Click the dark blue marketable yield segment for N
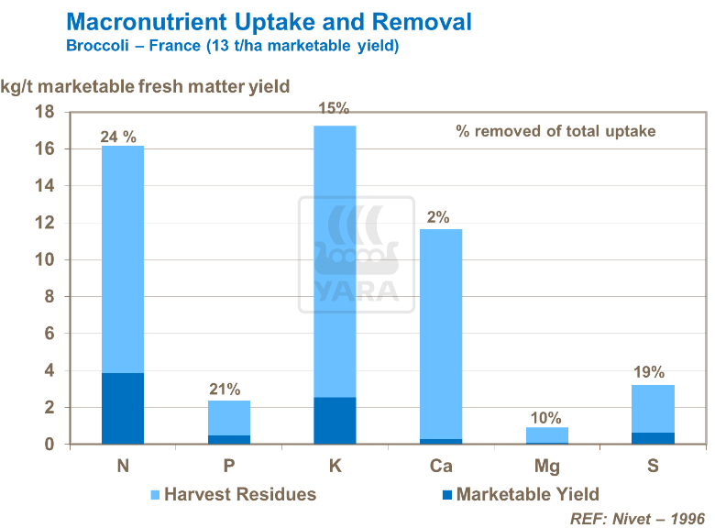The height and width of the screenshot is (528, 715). click(122, 408)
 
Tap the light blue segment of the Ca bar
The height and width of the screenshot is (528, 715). click(441, 334)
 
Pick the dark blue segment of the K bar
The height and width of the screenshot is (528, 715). click(335, 421)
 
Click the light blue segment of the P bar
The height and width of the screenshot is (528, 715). click(228, 417)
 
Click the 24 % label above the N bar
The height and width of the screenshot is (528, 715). click(118, 137)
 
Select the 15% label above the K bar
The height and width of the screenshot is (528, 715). click(334, 108)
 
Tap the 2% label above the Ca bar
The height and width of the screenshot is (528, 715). click(438, 217)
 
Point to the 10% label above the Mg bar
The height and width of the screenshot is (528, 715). click(545, 418)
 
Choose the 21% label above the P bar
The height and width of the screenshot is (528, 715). click(225, 389)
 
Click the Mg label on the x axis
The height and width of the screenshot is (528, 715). click(546, 467)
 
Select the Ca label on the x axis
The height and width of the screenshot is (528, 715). click(440, 467)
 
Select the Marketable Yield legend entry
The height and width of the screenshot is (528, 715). click(521, 495)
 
